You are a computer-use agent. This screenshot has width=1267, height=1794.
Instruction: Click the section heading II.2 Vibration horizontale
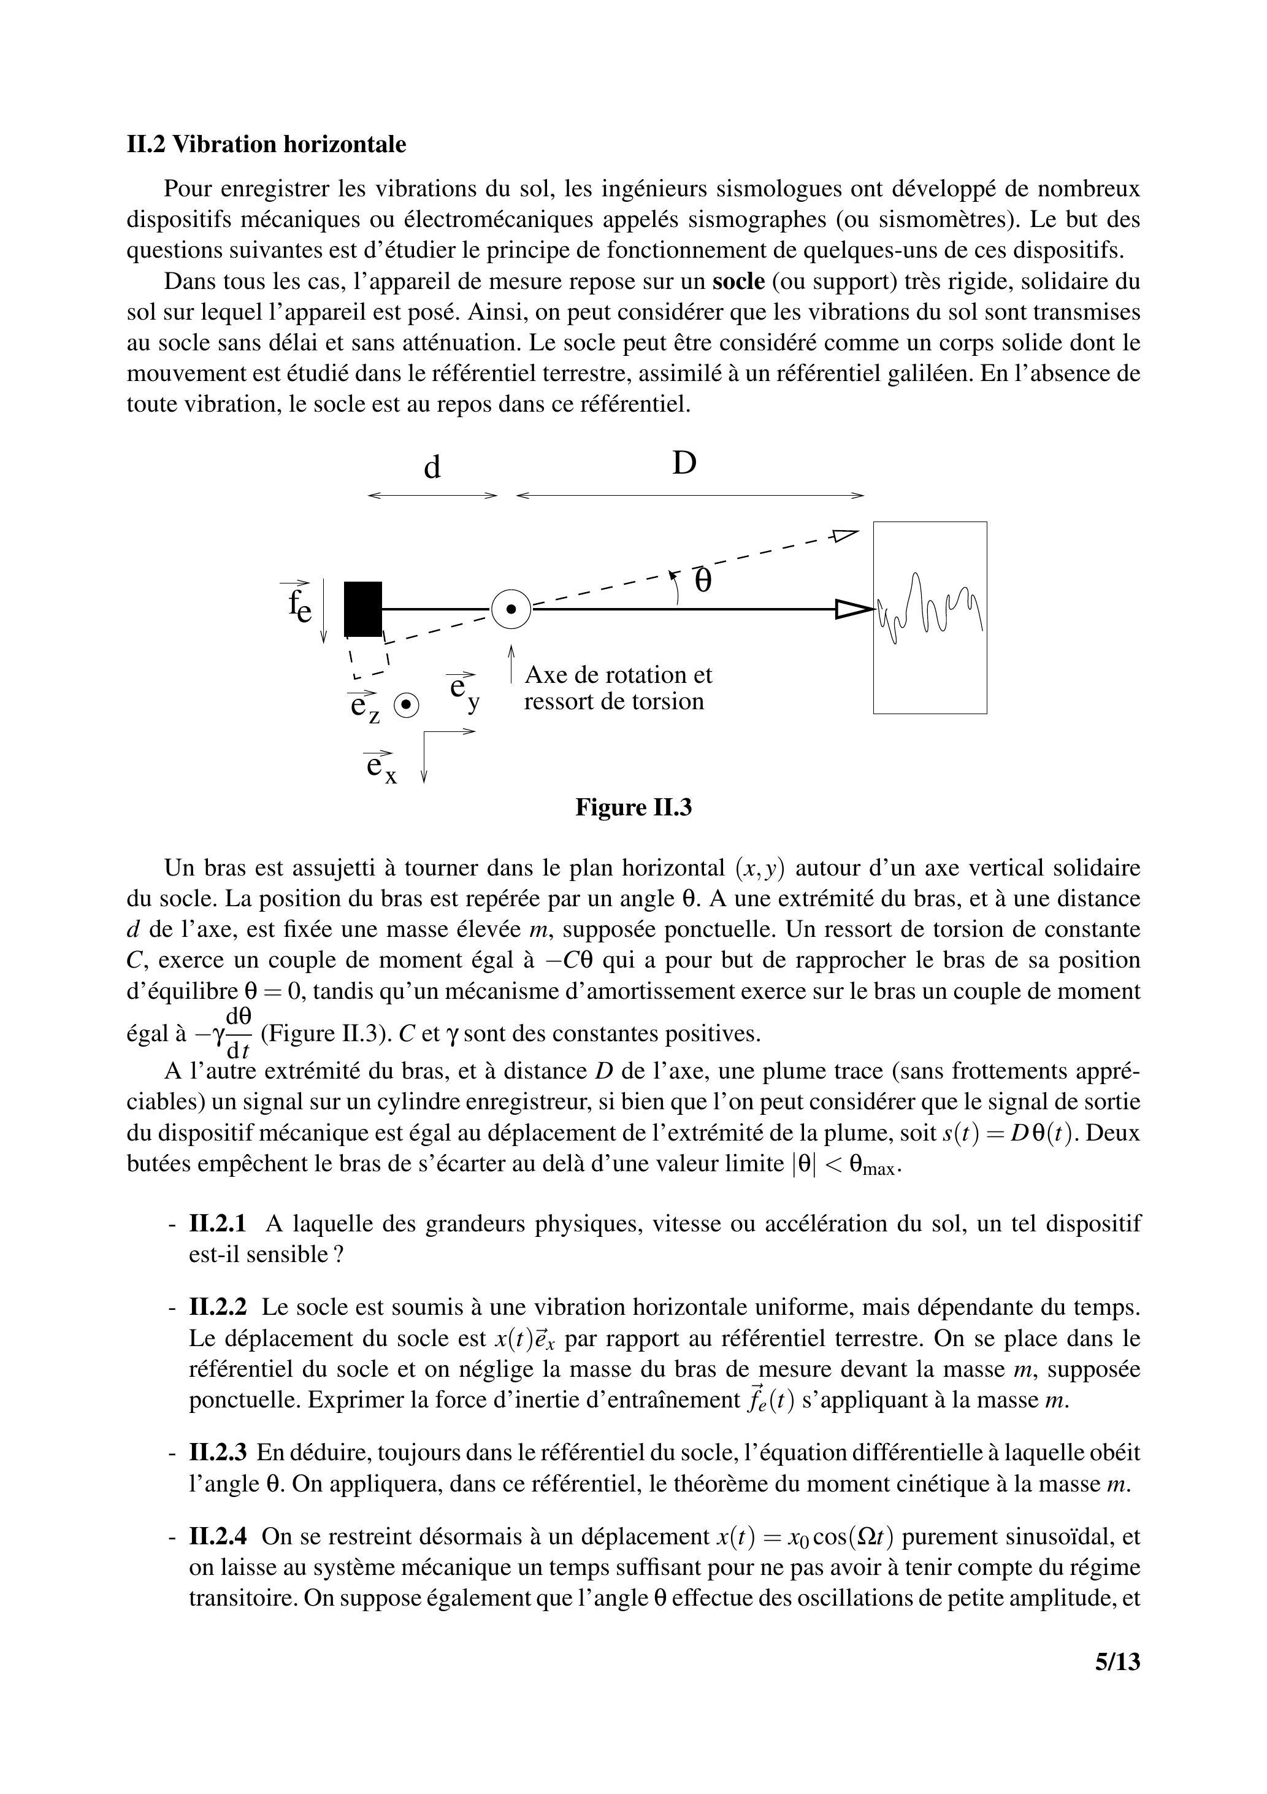266,145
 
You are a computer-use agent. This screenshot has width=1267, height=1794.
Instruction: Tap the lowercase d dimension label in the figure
432,468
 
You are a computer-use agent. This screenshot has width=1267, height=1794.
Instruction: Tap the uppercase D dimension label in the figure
684,464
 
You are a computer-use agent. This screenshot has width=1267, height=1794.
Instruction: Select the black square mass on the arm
363,609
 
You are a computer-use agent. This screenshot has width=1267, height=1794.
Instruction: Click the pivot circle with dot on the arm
511,609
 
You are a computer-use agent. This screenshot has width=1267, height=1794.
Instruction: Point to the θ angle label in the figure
703,581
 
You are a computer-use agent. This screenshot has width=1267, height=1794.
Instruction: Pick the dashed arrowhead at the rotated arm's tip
844,535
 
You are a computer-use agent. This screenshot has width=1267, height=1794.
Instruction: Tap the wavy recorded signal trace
930,608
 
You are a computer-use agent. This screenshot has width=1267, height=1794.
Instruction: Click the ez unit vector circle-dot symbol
406,706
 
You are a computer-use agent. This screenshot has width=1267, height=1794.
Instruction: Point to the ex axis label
380,766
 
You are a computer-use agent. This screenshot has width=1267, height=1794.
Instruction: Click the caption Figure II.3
633,807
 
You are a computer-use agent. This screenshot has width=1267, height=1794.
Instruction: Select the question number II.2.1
218,1223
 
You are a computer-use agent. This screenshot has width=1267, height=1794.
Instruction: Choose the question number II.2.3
218,1452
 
